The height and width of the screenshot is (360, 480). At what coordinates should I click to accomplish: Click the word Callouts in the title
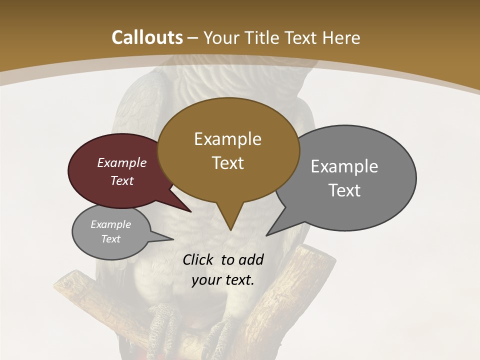pos(147,37)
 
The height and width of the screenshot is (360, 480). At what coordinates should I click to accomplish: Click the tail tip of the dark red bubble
pos(190,211)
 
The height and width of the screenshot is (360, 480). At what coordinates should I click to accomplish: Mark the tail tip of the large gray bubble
pos(268,234)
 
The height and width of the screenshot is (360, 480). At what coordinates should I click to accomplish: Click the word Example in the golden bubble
pos(227,139)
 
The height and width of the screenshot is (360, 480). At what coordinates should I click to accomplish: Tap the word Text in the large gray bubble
pos(344,190)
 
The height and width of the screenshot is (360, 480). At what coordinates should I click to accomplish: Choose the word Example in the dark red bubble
pos(122,162)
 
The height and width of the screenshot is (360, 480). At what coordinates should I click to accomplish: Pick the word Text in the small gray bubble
pos(111,239)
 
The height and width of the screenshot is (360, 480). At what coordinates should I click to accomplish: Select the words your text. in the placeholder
pos(223,280)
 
